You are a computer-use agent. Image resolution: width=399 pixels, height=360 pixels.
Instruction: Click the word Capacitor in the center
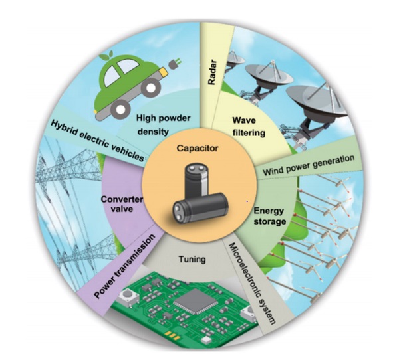coord(198,148)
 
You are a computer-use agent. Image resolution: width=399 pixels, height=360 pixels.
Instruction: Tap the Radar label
coord(212,72)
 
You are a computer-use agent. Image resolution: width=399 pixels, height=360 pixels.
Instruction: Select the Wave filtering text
coord(249,126)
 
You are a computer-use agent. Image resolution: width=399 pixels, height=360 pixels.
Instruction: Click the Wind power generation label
coord(309,165)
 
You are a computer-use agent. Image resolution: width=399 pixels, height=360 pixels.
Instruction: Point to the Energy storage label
coord(269,216)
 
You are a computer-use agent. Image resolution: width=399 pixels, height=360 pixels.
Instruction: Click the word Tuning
coord(192,259)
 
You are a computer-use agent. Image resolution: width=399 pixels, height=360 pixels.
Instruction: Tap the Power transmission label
coord(124,266)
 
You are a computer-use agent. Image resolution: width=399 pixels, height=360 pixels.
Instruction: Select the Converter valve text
coord(122,204)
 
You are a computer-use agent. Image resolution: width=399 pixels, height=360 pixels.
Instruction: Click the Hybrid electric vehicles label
coord(98,140)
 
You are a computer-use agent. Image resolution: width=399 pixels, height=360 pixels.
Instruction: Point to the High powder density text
coord(163,125)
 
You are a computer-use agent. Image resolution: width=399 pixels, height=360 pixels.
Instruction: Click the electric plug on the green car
coord(175,63)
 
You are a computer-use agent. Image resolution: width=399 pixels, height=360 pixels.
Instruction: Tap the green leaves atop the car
coord(106,56)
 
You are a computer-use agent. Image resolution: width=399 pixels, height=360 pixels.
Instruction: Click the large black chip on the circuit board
coord(196,301)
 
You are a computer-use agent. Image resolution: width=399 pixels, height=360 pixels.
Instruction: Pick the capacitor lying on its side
coord(201,207)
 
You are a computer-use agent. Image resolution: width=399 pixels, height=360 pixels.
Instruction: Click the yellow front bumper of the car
coord(163,72)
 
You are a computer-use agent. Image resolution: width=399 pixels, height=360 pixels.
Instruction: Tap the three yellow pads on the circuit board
coord(172,335)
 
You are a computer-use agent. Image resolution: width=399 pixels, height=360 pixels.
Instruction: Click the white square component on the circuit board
coord(205,341)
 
